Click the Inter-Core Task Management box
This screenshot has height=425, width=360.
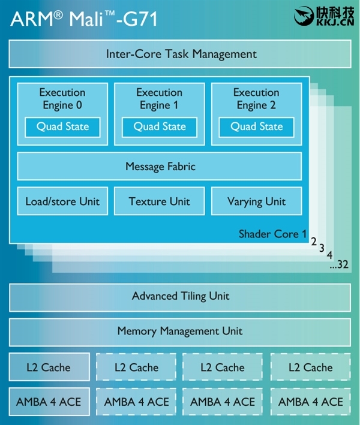click(x=180, y=54)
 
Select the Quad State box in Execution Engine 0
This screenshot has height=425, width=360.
click(x=62, y=126)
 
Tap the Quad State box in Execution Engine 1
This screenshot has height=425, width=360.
click(x=160, y=126)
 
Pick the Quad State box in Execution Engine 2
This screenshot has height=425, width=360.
click(x=256, y=126)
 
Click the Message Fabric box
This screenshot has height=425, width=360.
click(x=160, y=166)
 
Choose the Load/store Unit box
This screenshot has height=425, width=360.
click(x=62, y=201)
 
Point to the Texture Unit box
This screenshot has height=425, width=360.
click(x=159, y=201)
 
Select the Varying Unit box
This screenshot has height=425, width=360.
click(x=256, y=201)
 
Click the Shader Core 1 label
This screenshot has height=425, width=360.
click(x=272, y=234)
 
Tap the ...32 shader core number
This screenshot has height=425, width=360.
click(x=339, y=264)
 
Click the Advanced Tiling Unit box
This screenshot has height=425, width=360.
click(x=180, y=296)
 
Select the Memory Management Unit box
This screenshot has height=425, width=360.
click(x=180, y=331)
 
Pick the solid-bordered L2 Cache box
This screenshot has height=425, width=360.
click(x=49, y=367)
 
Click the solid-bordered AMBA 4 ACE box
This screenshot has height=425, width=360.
click(x=49, y=402)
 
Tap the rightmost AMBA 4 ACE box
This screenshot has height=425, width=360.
click(x=310, y=402)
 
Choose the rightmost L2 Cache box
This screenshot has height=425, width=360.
click(x=310, y=367)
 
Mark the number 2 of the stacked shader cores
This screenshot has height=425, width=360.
click(x=314, y=242)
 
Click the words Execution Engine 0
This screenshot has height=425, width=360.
click(x=62, y=99)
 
